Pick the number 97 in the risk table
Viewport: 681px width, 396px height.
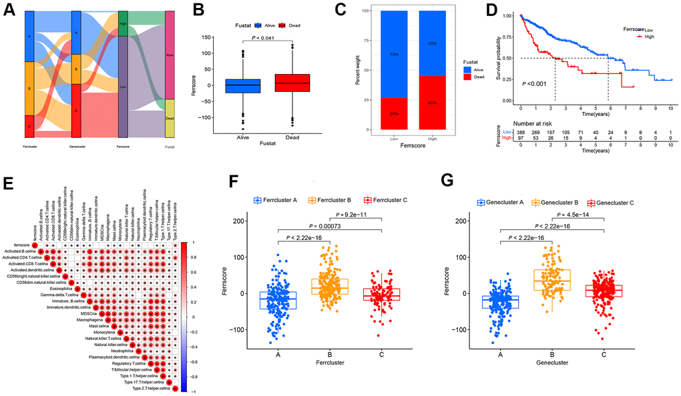[521, 139]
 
